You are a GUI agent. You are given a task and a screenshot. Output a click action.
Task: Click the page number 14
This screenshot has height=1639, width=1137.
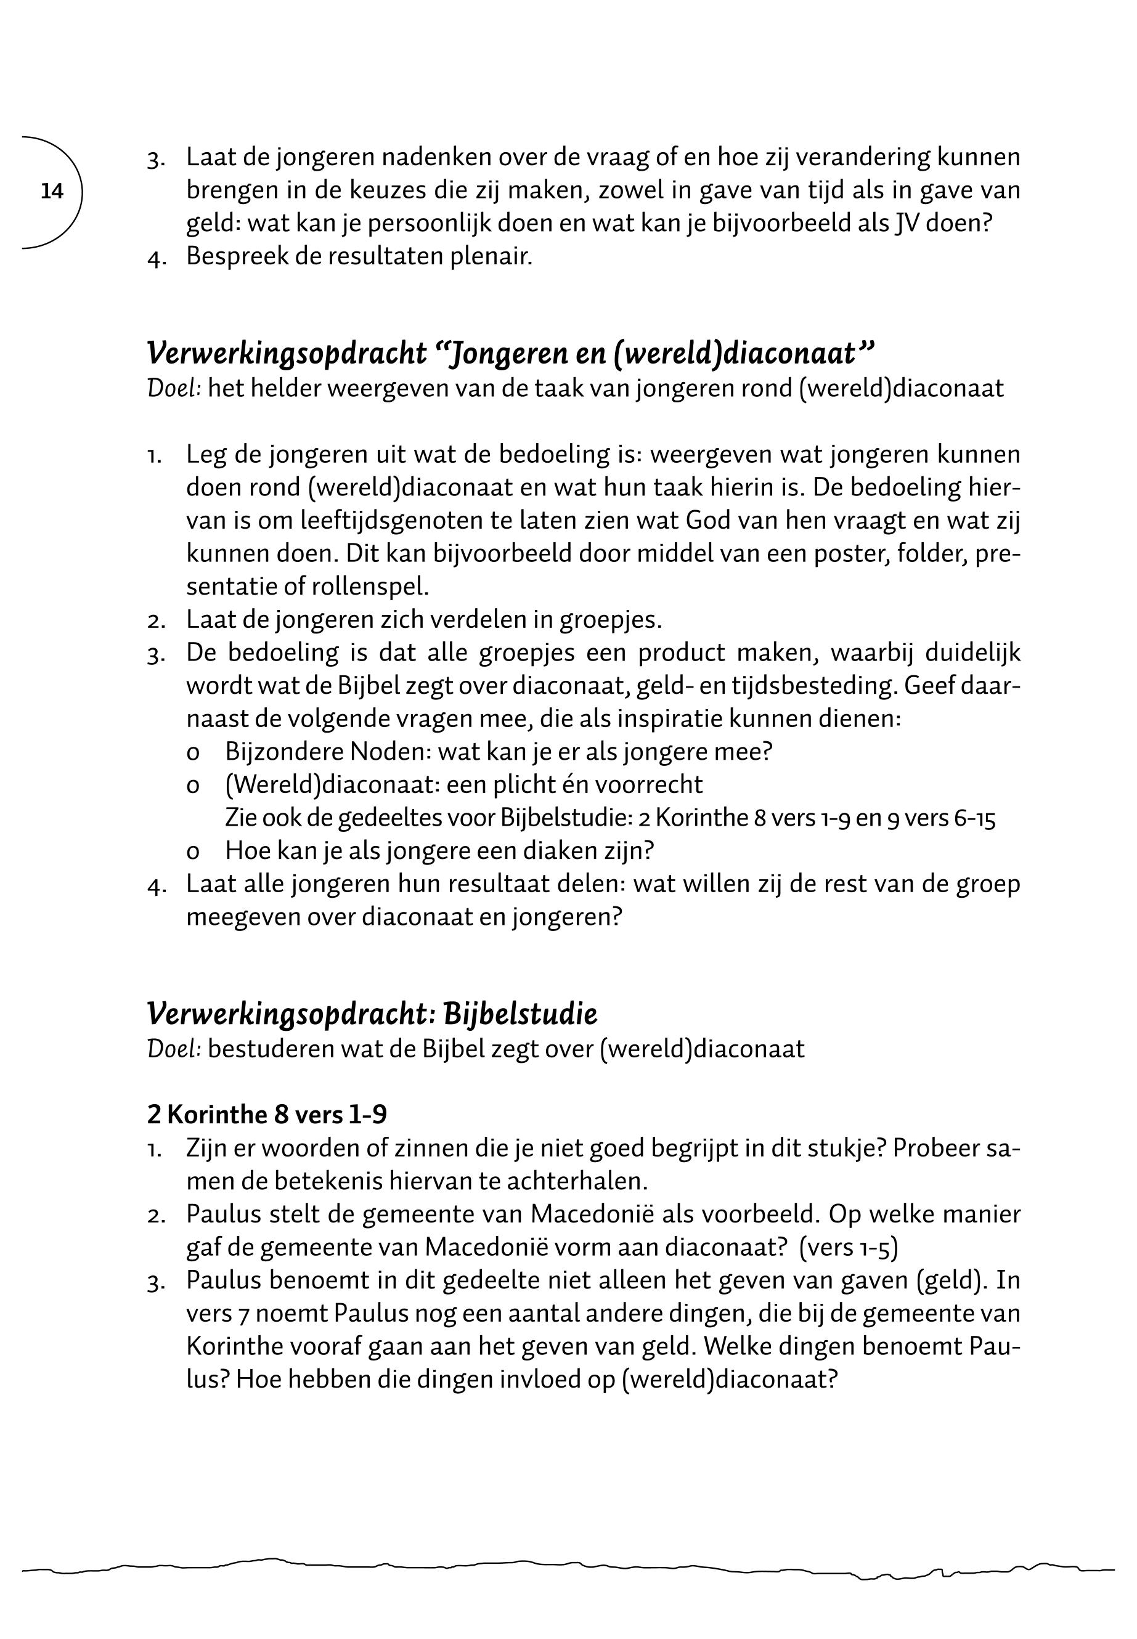point(52,191)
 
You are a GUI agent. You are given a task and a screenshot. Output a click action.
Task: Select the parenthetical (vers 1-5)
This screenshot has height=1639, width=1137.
point(849,1247)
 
